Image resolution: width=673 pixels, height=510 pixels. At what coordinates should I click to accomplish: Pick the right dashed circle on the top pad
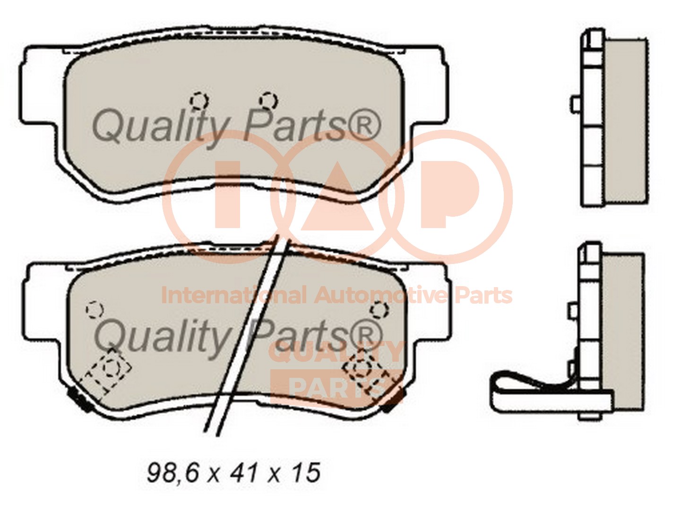(x=268, y=101)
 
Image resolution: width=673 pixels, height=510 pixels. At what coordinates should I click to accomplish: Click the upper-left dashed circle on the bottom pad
(x=95, y=310)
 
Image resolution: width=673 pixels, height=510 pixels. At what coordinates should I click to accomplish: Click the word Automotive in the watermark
(x=380, y=296)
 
